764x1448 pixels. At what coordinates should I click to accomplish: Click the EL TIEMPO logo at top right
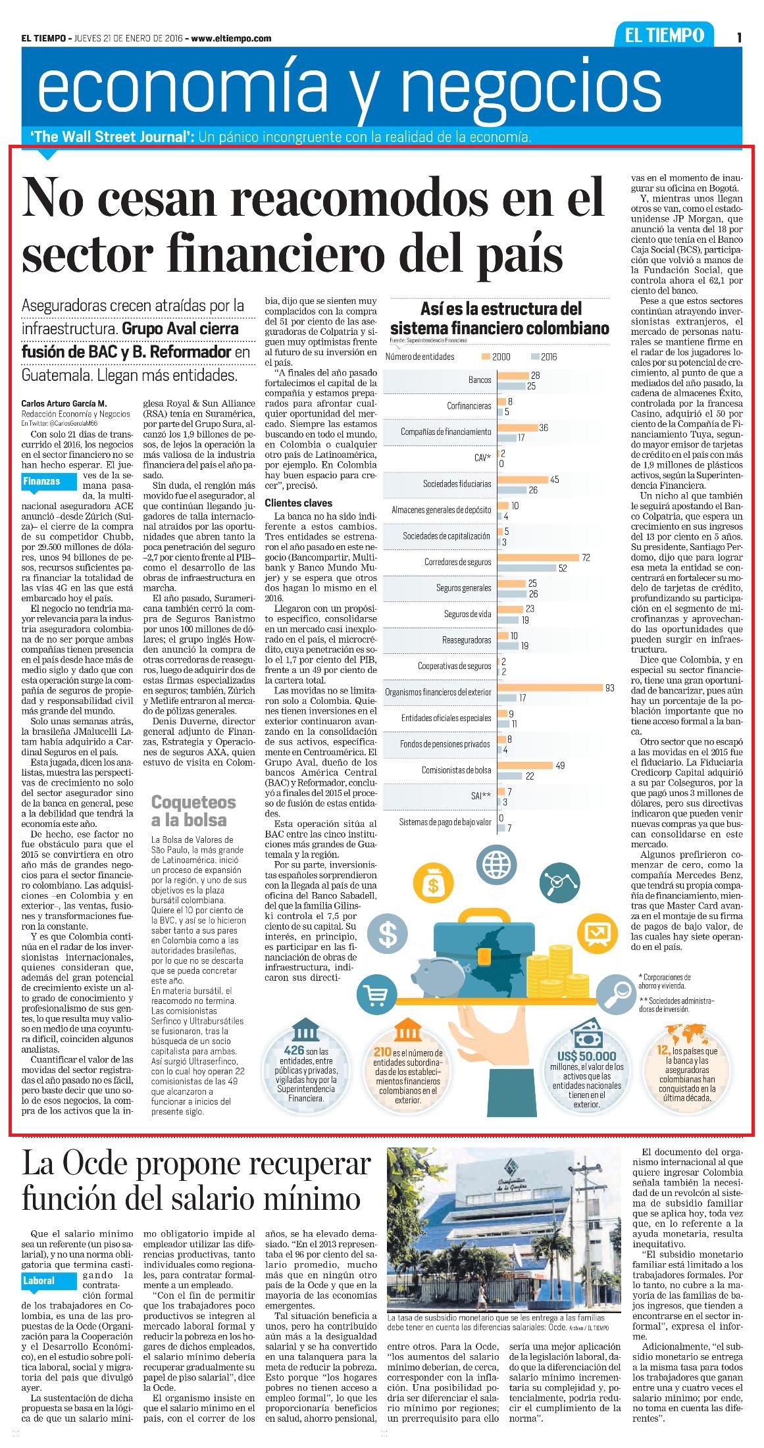[665, 36]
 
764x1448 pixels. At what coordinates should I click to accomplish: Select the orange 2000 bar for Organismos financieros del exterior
[551, 688]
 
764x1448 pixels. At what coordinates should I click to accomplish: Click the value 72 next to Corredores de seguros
[586, 558]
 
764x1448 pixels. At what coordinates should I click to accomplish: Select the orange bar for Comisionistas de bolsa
[526, 766]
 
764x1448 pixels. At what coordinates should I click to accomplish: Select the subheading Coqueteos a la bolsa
[193, 811]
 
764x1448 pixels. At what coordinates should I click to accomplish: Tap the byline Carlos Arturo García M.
[63, 403]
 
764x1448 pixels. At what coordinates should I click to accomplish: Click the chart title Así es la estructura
[501, 309]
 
